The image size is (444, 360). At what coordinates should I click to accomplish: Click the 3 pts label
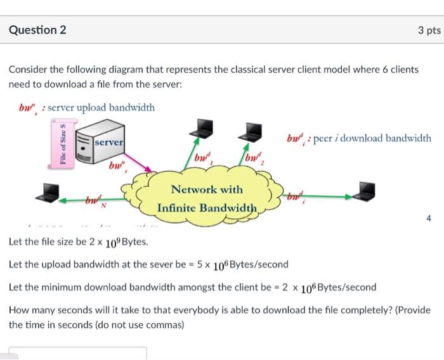coord(429,30)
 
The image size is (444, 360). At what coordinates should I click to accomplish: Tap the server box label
coord(109,143)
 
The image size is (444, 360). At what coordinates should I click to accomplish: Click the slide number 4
coord(428,219)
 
